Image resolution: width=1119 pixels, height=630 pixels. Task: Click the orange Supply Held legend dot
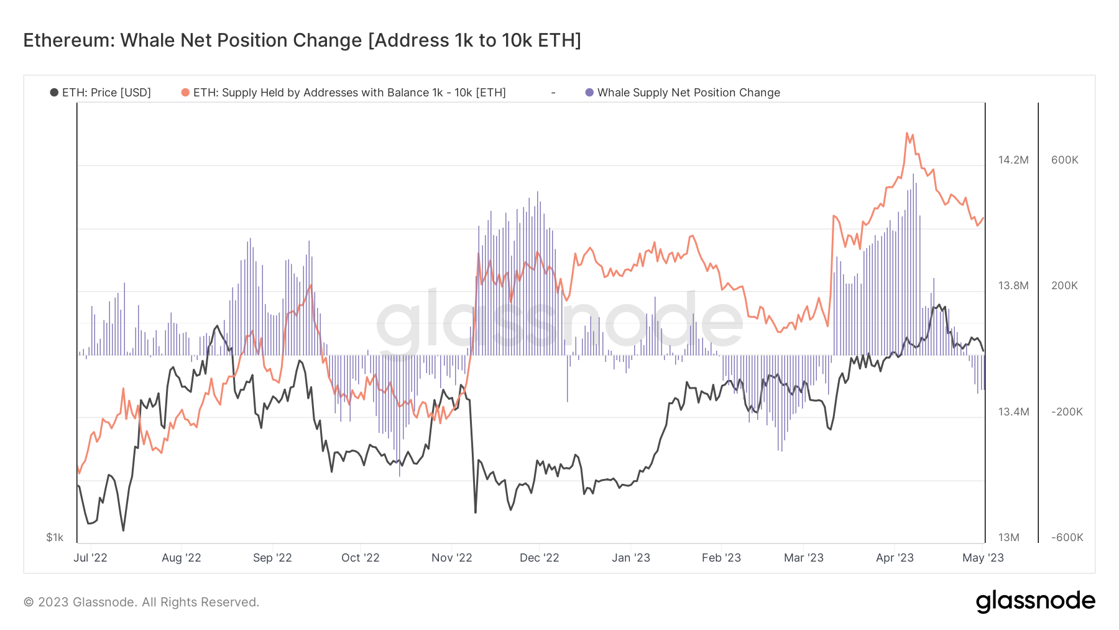185,93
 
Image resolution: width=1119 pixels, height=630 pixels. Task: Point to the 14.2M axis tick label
1013,160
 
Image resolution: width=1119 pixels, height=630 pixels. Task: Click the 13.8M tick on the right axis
1013,285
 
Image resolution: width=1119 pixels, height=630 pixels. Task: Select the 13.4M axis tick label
1013,412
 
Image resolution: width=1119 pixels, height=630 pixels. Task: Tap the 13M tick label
1009,537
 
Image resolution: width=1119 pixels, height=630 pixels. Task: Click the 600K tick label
1064,160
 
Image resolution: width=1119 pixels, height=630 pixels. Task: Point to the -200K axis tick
1067,412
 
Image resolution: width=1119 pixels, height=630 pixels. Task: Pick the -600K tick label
1067,537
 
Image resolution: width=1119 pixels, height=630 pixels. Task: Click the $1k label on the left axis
55,537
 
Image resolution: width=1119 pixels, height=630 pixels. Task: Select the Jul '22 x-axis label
91,558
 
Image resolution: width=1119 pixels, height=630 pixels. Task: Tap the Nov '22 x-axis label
452,558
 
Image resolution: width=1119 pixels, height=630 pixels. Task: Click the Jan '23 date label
631,558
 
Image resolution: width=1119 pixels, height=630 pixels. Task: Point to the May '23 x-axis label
983,558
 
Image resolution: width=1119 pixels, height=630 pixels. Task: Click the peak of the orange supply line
907,133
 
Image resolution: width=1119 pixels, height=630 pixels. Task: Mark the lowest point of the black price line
123,530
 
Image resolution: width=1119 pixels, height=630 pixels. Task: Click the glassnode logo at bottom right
1035,601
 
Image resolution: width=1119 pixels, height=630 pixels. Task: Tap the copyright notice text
141,602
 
